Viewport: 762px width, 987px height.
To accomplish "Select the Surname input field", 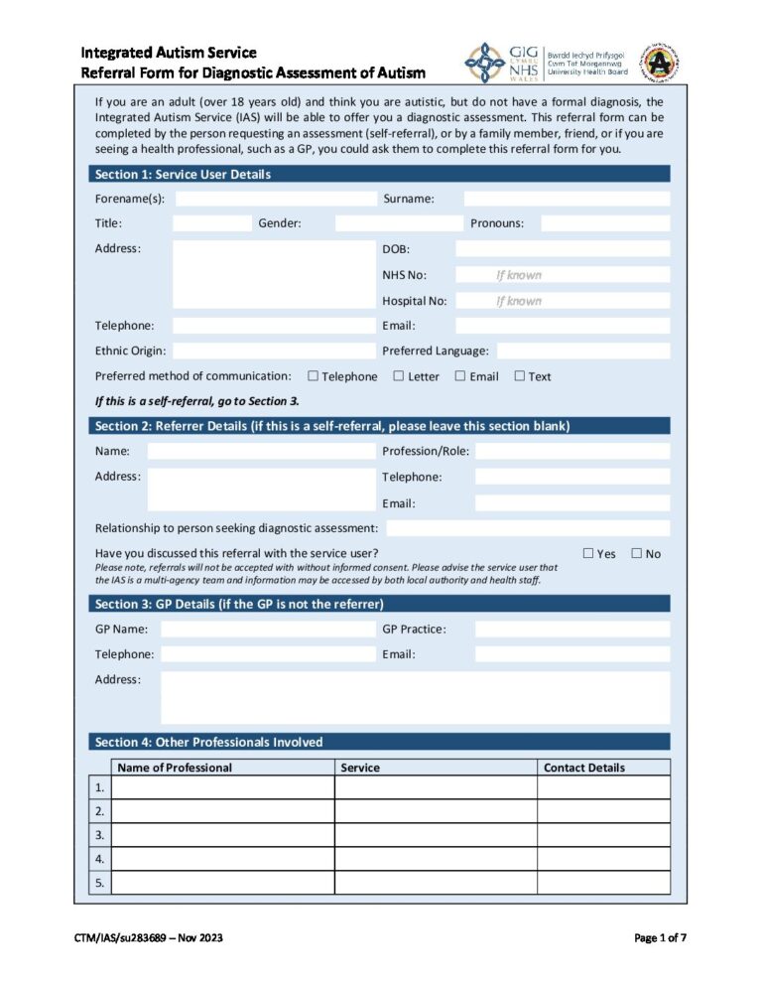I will coord(567,199).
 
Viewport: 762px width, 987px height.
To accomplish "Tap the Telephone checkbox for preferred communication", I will coord(314,375).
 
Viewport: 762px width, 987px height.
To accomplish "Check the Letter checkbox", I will coord(399,375).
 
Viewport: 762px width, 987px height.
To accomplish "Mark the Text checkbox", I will coord(520,375).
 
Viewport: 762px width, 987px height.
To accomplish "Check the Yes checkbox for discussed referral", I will coord(588,553).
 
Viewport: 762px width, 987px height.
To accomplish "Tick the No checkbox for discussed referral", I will coord(637,553).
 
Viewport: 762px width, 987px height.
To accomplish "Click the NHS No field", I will coord(562,275).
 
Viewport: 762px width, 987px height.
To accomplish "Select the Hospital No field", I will coord(562,301).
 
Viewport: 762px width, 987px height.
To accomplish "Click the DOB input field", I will coord(562,249).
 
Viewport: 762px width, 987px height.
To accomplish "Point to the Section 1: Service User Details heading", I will coord(183,175).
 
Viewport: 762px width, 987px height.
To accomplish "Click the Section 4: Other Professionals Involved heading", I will coord(208,742).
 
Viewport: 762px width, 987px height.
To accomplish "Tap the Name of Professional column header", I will coord(175,768).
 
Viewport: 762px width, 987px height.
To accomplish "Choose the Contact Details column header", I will coord(584,768).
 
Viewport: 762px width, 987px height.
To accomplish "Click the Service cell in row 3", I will coord(436,835).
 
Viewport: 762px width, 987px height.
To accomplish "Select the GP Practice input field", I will coord(571,629).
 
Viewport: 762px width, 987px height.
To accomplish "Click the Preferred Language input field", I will coord(582,351).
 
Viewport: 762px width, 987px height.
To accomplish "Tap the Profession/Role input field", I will coord(571,451).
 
